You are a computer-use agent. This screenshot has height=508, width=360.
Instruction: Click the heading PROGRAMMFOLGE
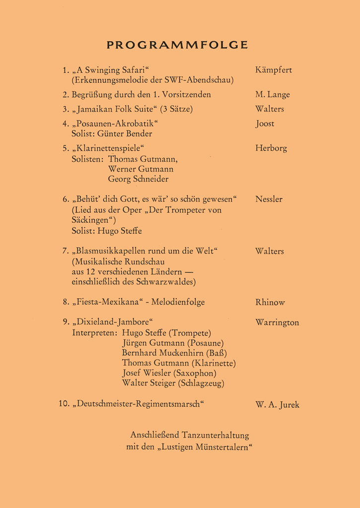click(177, 45)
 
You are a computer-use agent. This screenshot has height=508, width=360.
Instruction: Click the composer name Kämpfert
click(273, 70)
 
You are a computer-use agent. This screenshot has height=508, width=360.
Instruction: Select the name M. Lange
click(272, 95)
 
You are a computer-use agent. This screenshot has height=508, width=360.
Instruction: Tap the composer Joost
click(265, 124)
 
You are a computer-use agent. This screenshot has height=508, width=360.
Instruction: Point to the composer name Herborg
click(271, 148)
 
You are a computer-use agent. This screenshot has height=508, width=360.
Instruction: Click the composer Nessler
click(269, 199)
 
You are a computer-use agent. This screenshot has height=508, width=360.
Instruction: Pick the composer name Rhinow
click(270, 302)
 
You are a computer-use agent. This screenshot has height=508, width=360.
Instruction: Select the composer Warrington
click(277, 322)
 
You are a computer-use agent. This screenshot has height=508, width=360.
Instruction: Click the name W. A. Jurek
click(277, 405)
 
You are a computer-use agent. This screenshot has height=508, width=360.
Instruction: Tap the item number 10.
click(63, 404)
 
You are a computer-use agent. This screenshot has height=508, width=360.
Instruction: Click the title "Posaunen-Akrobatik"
click(118, 124)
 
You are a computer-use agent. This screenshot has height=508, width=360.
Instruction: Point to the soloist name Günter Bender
click(125, 133)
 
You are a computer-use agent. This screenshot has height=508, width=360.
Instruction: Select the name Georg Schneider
click(138, 179)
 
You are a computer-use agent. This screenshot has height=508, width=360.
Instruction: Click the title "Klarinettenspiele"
click(111, 148)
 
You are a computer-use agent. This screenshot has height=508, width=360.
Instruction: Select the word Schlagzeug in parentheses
click(202, 383)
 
